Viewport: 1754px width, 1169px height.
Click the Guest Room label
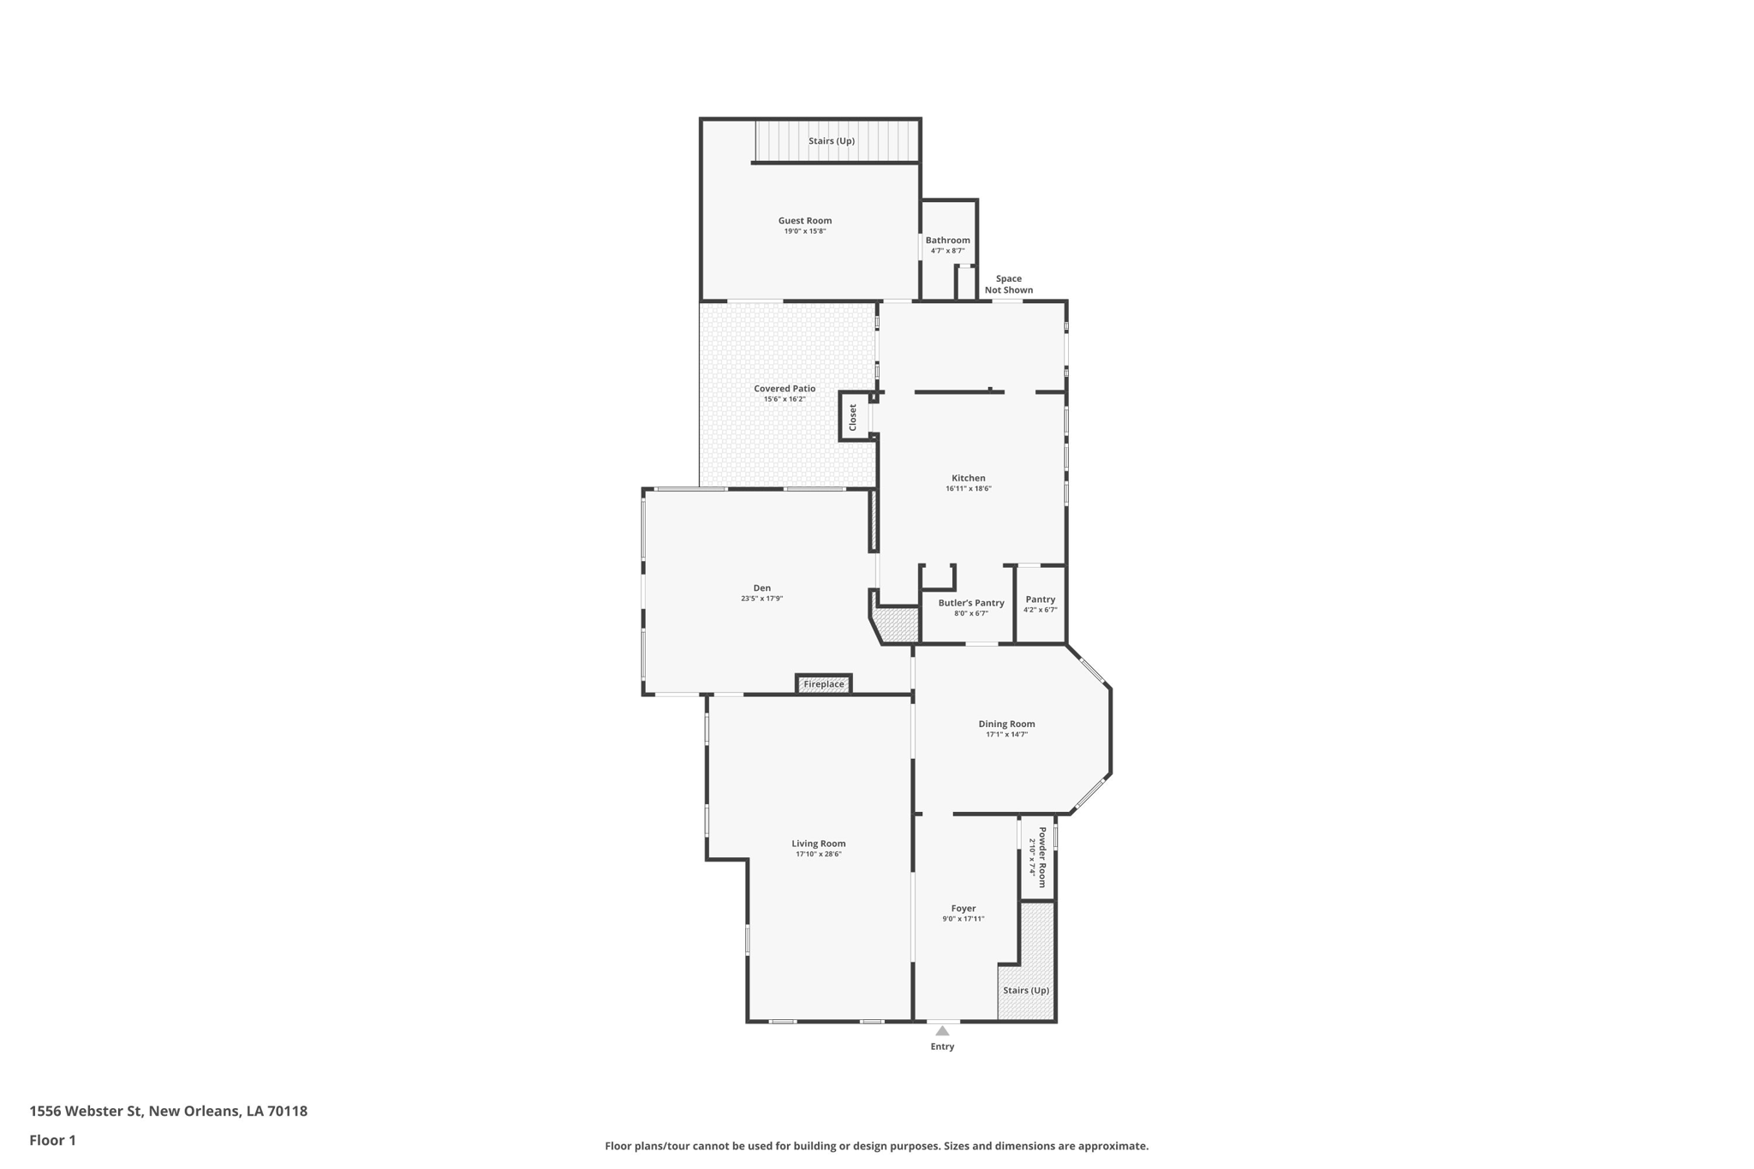click(x=804, y=221)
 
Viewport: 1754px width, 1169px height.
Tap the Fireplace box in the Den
click(x=823, y=684)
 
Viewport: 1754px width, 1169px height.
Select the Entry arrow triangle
click(x=942, y=1031)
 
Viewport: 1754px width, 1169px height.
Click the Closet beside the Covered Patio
click(x=853, y=417)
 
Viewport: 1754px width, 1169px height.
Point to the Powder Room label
click(x=1042, y=856)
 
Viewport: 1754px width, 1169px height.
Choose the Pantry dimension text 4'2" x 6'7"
click(x=1040, y=611)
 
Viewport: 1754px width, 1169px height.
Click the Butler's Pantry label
click(x=970, y=603)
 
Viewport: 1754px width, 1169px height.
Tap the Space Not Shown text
click(x=1008, y=284)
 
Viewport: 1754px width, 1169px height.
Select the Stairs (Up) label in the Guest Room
click(x=832, y=141)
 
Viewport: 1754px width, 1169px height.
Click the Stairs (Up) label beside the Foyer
click(x=1026, y=991)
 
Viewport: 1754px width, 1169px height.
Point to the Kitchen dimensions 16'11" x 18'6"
click(x=968, y=489)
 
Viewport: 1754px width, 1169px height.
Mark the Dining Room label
click(x=1006, y=725)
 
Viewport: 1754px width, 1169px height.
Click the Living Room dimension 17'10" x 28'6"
click(x=818, y=855)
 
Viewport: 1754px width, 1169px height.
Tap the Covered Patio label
click(x=785, y=389)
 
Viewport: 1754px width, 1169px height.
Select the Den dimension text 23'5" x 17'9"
click(x=761, y=599)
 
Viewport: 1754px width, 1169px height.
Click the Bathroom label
click(x=947, y=241)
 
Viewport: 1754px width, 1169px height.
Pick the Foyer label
click(x=963, y=909)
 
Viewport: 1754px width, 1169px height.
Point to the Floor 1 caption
click(x=52, y=1141)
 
